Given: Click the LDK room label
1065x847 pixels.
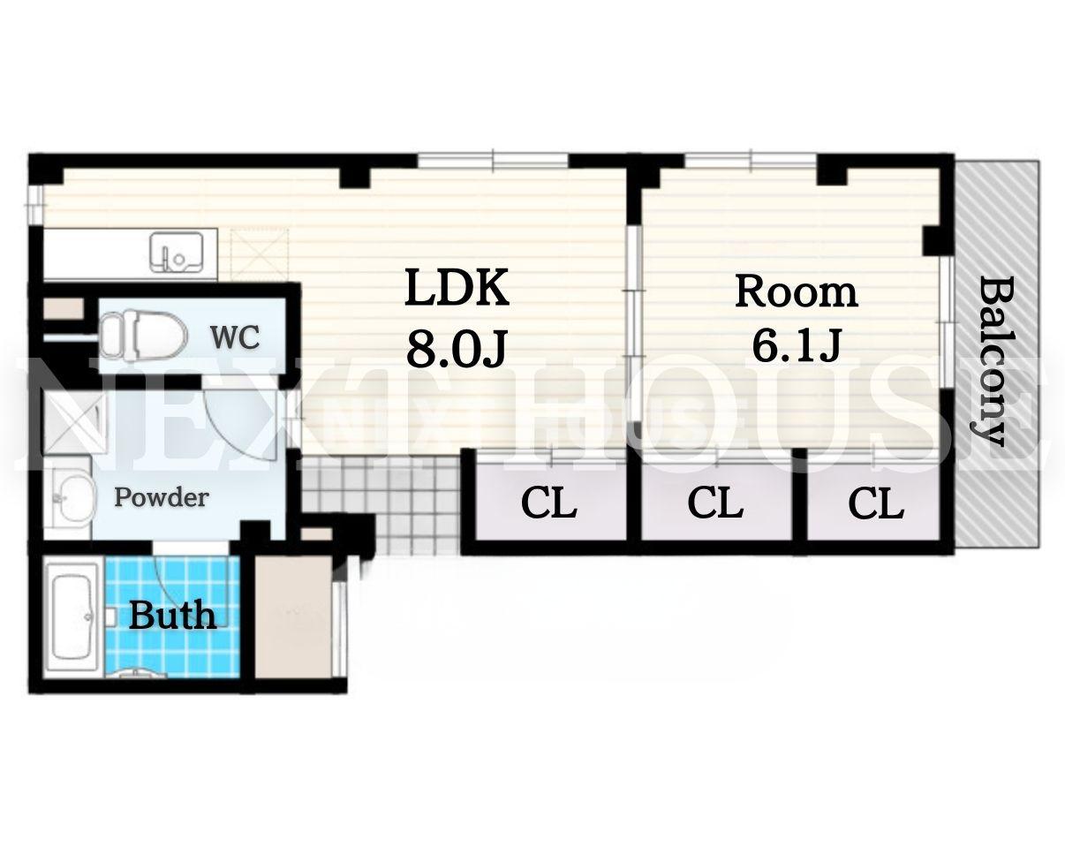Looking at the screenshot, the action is [457, 288].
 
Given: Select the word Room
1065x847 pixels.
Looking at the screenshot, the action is [796, 292].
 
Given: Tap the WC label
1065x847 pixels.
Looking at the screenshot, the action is [235, 337].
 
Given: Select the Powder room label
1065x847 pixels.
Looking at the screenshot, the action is [162, 497].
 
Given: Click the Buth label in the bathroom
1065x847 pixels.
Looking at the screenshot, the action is [173, 616].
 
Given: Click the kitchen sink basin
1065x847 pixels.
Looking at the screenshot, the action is [177, 252].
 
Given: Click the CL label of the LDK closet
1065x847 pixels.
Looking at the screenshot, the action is [549, 503].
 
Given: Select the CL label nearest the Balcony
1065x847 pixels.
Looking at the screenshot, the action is [876, 503].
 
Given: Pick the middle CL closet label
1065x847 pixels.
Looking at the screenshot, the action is [715, 503].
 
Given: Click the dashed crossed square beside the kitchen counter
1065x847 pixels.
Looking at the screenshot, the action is [261, 255].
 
